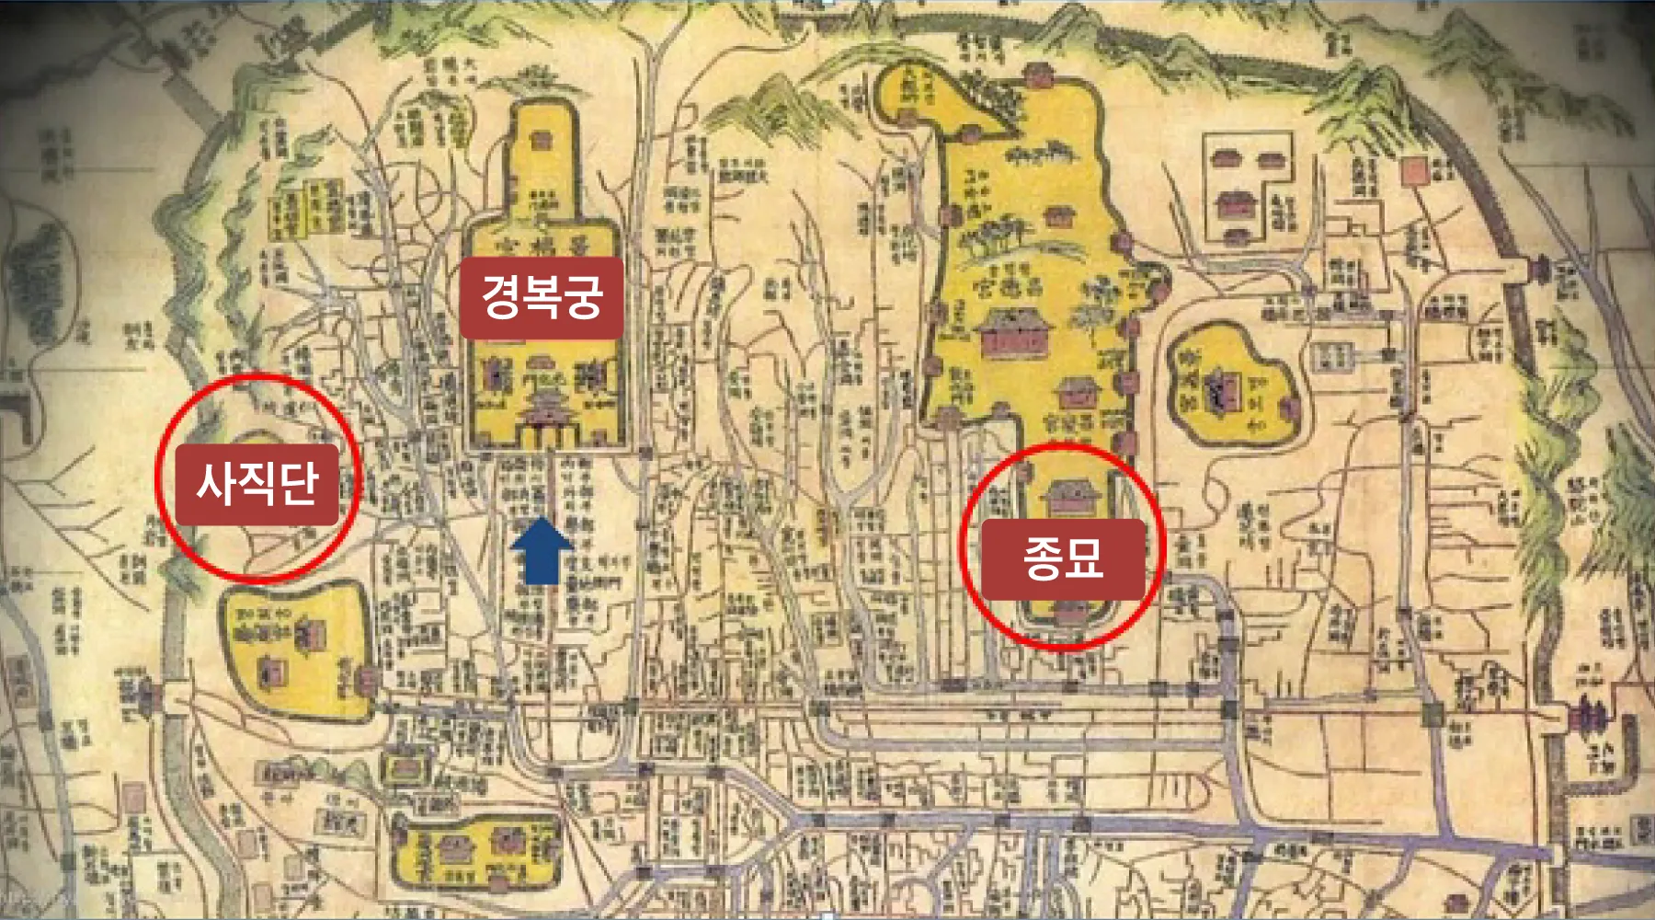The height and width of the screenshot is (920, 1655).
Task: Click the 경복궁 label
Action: pyautogui.click(x=542, y=297)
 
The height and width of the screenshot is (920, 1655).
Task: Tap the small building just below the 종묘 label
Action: pyautogui.click(x=1067, y=612)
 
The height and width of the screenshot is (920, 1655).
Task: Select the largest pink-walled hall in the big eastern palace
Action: pyautogui.click(x=1013, y=333)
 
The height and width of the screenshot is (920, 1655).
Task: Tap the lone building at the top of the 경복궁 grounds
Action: pyautogui.click(x=540, y=140)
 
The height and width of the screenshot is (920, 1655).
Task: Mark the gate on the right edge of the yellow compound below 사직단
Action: pyautogui.click(x=367, y=680)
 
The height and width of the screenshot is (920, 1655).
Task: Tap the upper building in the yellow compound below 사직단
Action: pyautogui.click(x=311, y=632)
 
